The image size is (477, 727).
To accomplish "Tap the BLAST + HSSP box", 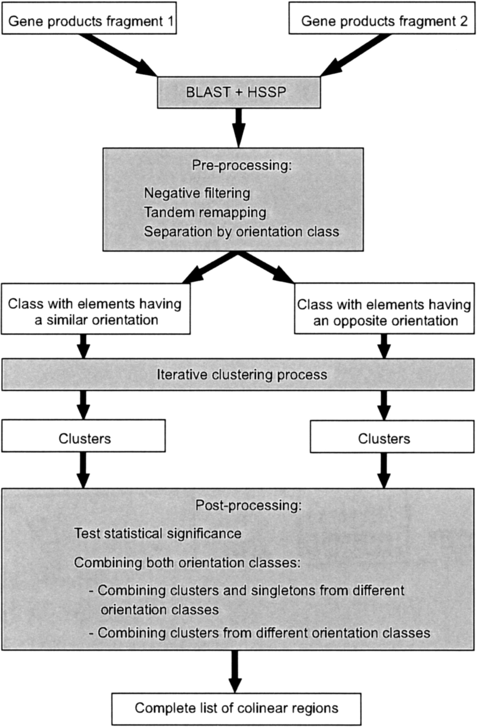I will [239, 92].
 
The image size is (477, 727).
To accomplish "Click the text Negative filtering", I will [197, 193].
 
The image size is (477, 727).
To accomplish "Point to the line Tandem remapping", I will [205, 212].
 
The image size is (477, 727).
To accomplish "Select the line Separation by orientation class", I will [242, 232].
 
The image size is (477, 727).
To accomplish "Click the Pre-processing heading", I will [242, 166].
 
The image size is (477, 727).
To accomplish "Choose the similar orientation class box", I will [96, 312].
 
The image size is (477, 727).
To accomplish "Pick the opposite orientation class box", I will [384, 313].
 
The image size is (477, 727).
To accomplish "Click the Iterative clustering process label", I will [242, 375].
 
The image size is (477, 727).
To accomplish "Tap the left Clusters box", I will [84, 439].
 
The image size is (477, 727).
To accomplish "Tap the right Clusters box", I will [384, 439].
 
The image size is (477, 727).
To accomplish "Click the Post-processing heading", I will [248, 506].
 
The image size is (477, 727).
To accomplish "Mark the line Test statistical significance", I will [158, 534].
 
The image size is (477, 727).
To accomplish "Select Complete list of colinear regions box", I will [236, 708].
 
